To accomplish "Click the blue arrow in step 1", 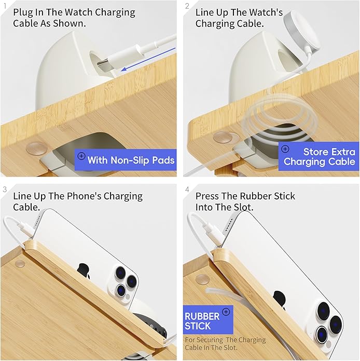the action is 148,59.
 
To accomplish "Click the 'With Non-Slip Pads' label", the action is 126,160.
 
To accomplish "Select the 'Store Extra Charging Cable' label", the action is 319,156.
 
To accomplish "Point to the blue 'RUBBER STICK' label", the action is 208,320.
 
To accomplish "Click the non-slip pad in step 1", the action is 37,148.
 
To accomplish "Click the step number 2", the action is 187,6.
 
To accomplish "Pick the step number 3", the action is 5,189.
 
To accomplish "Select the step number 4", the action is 187,190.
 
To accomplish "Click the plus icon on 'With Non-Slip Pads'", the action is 81,156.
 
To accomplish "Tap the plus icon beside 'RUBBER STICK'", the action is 226,312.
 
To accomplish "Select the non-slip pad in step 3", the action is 20,264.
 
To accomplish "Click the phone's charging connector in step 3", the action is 26,228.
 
